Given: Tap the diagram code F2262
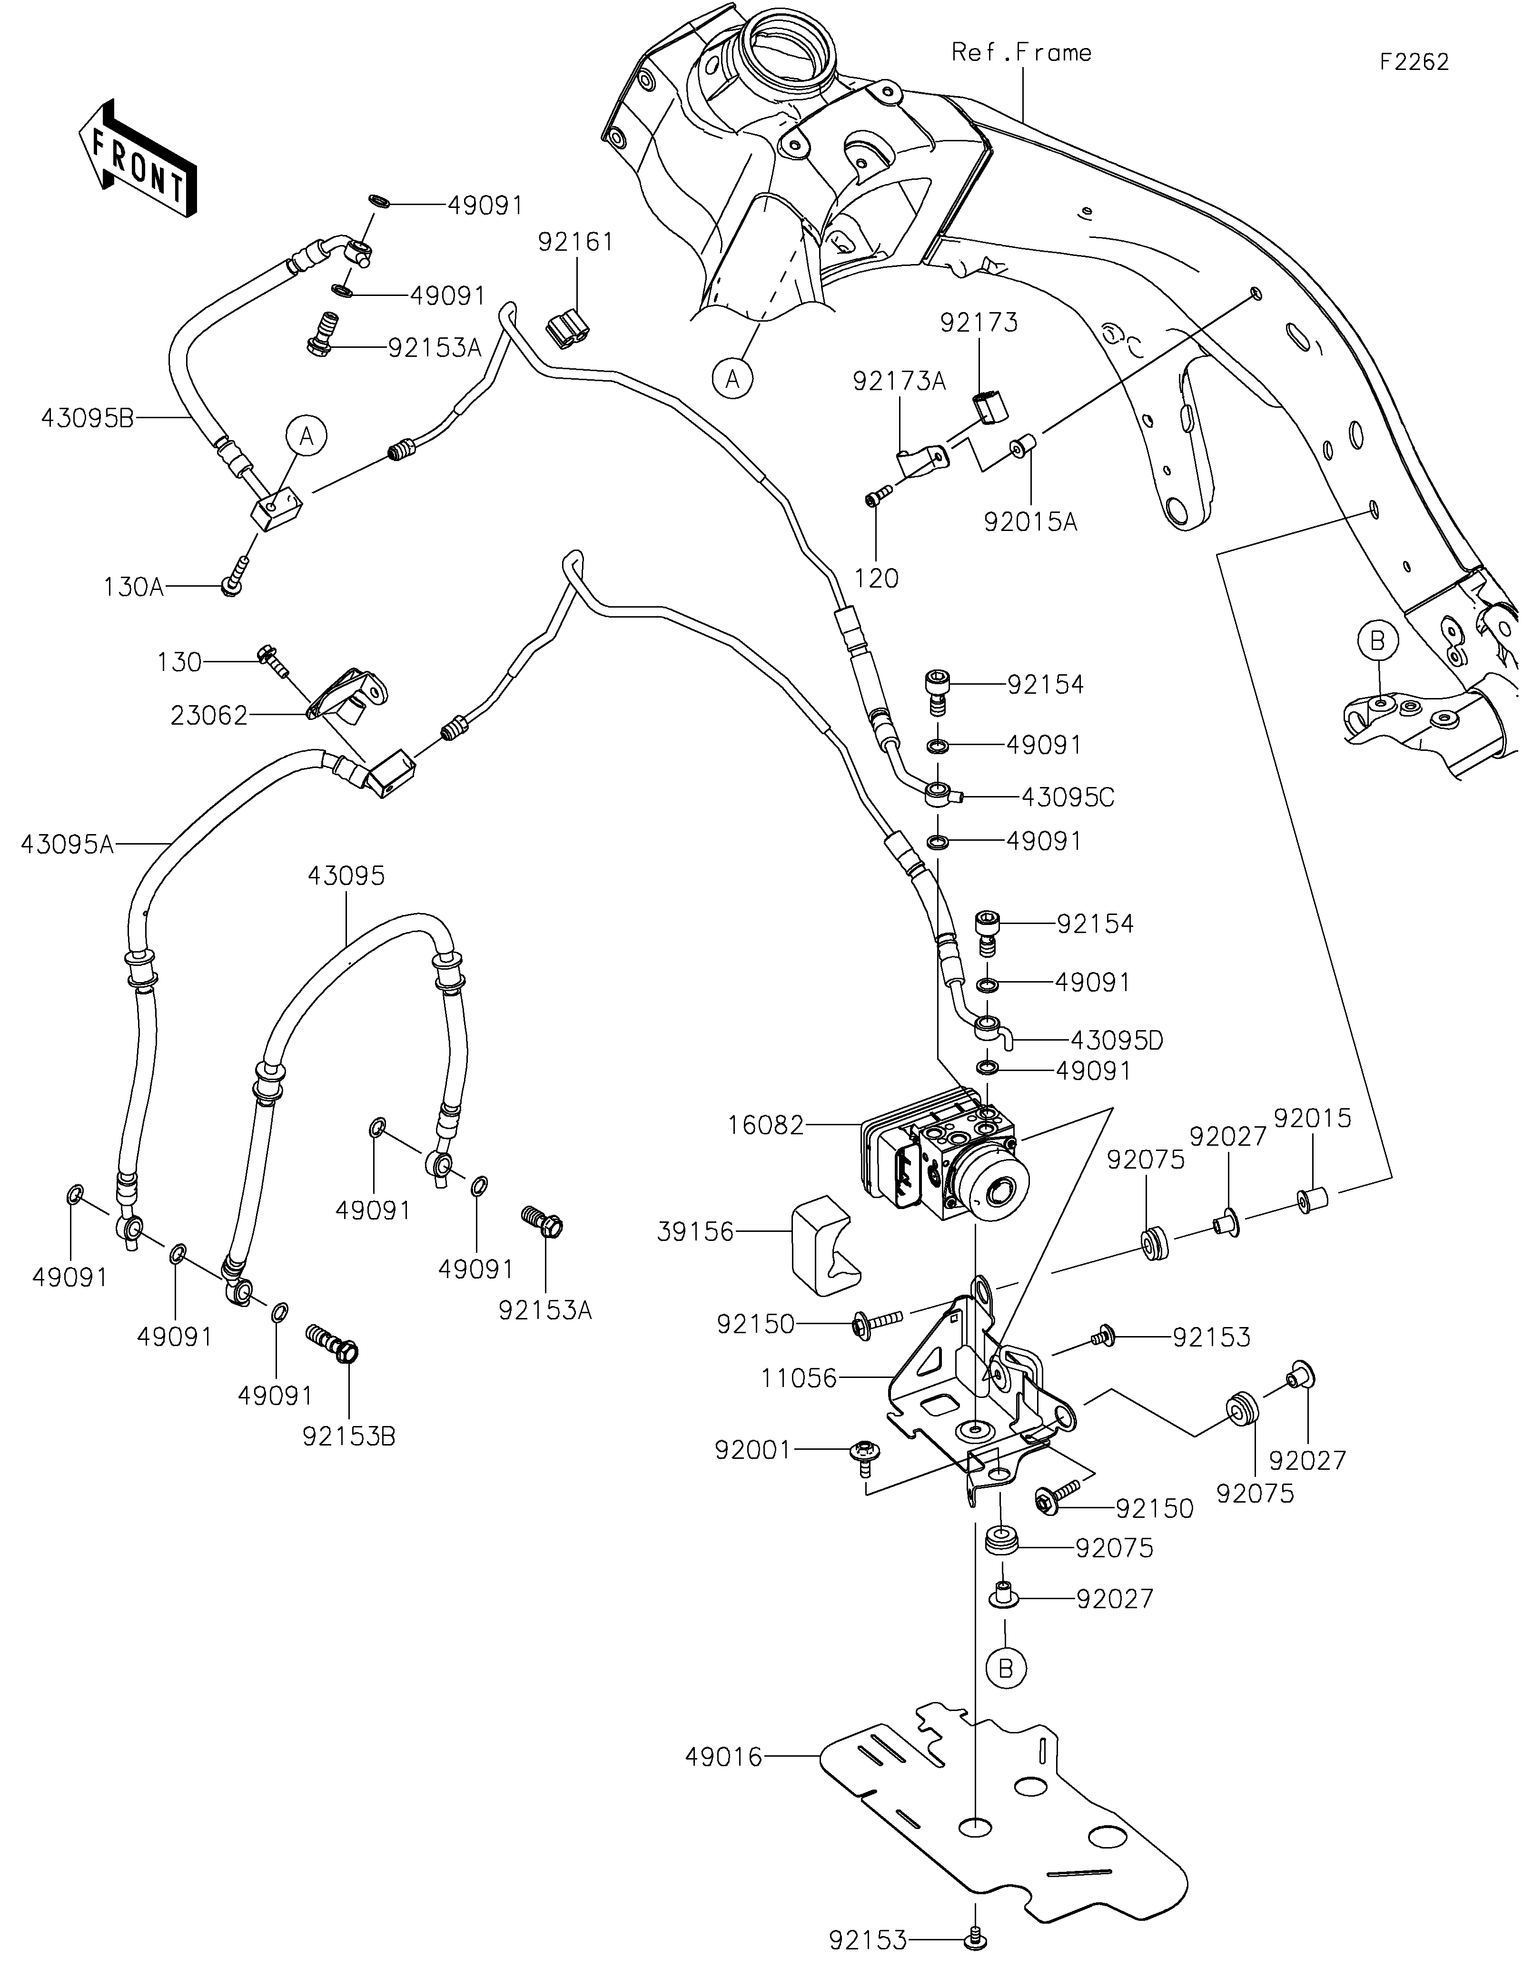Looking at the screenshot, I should point(1414,62).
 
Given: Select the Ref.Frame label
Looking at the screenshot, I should point(1021,53).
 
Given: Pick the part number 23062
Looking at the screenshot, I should point(209,716).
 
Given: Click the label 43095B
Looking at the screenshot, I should point(88,418).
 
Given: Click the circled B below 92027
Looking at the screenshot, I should point(1006,1669).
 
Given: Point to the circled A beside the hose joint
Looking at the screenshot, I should point(306,437).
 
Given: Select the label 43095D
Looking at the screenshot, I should point(1116,1041).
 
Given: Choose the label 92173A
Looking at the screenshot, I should point(899,383).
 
